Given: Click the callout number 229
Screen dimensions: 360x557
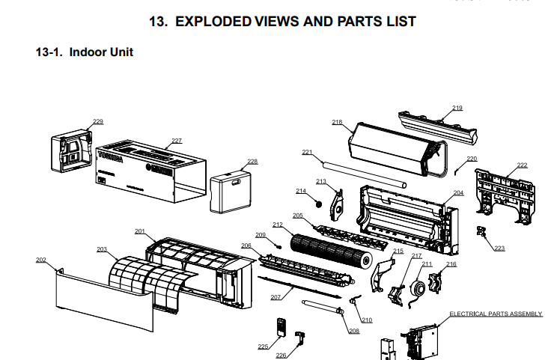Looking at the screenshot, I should tap(98, 121).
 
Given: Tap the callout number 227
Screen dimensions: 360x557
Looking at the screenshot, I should tap(177, 141).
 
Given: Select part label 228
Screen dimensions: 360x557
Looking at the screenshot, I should tap(252, 162).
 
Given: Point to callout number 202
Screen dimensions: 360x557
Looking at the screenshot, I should tap(40, 260).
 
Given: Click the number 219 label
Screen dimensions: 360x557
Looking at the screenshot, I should tap(457, 108).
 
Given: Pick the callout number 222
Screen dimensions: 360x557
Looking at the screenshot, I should tap(522, 165).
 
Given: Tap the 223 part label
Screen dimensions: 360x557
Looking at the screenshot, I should tap(499, 248).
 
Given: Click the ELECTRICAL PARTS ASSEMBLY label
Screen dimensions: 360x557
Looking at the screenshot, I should tap(495, 314).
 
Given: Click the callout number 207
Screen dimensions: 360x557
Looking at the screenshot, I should tap(275, 297).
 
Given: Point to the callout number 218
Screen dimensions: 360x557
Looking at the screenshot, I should tap(337, 122).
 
